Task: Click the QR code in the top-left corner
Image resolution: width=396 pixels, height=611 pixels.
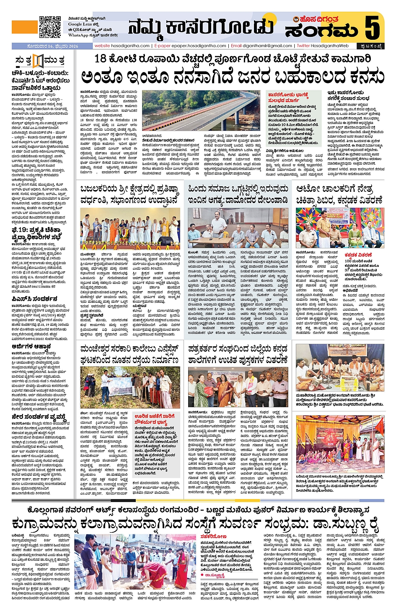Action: [50, 27]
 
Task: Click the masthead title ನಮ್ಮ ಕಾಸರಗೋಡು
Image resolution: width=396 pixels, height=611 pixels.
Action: [201, 27]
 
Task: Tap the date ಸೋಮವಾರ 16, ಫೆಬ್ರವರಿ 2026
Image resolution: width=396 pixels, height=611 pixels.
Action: [45, 46]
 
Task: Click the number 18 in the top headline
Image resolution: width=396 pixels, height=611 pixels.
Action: [100, 59]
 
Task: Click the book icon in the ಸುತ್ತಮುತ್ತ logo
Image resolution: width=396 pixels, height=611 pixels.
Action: [38, 61]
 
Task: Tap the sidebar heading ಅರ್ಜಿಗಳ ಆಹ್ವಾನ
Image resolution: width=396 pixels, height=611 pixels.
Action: [31, 347]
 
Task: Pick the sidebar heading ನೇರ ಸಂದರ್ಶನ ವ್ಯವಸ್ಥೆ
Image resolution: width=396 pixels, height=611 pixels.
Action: [39, 417]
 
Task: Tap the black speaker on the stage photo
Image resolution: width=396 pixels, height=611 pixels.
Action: [166, 241]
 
